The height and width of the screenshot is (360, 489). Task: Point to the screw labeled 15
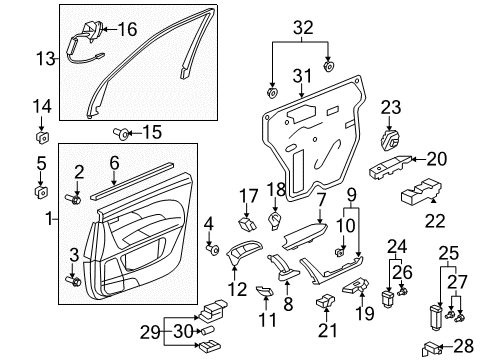[120, 131]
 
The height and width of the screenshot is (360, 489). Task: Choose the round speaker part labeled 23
[391, 136]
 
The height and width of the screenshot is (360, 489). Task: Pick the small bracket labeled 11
[264, 291]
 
